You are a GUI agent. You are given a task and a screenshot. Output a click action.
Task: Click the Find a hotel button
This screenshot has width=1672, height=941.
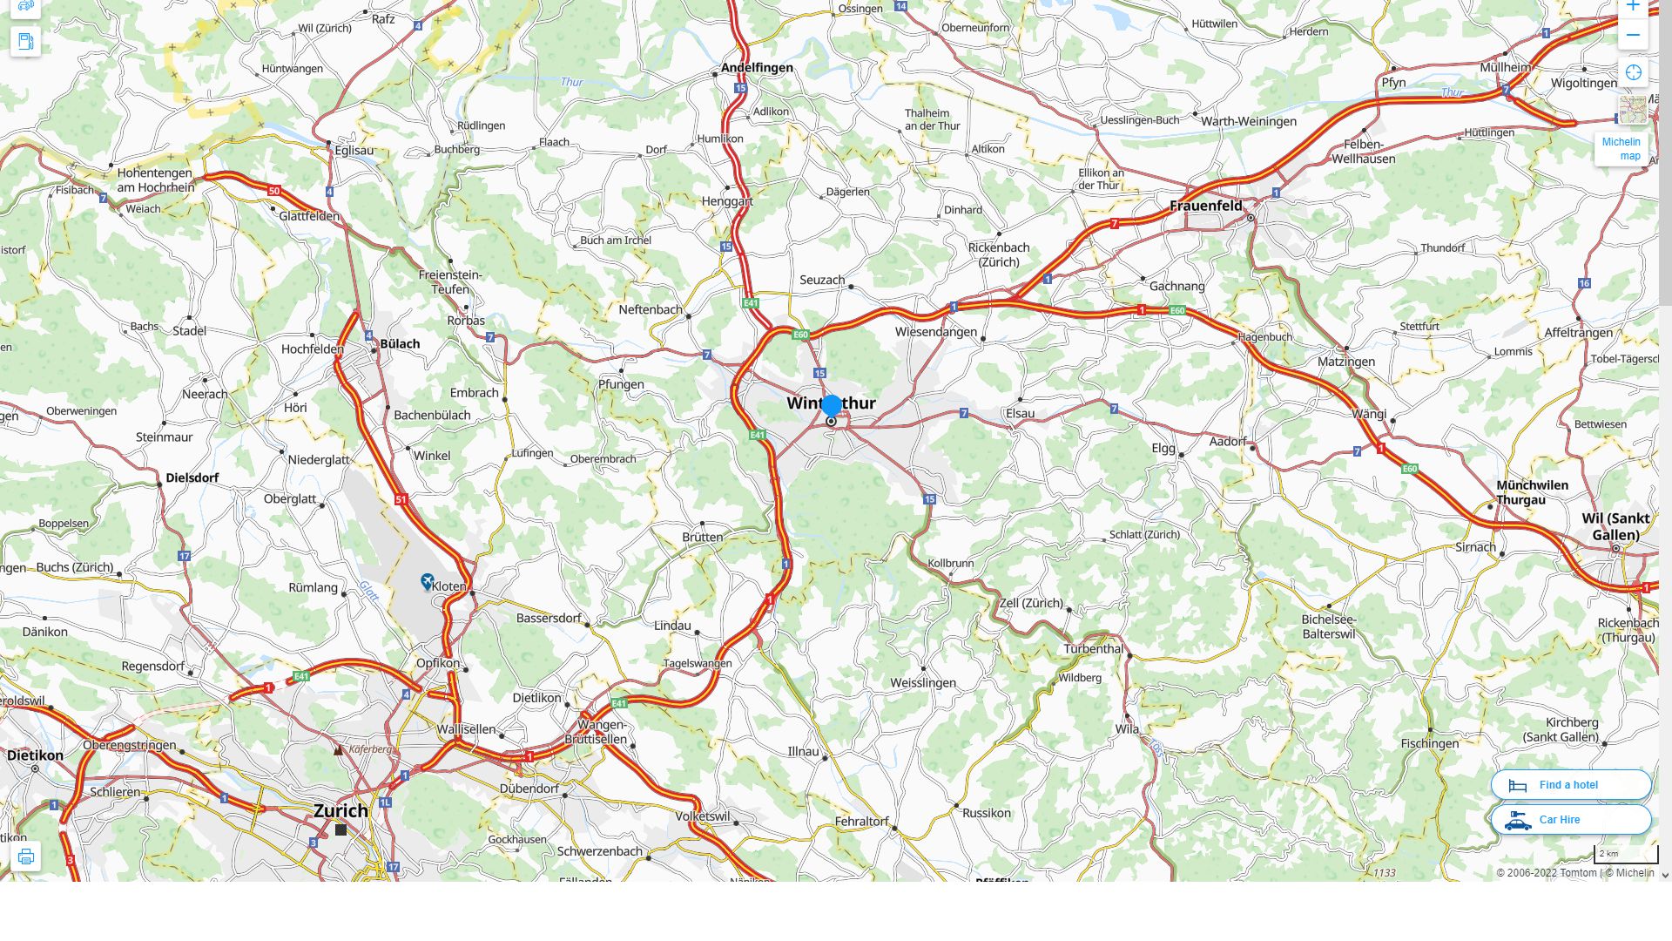[x=1570, y=785]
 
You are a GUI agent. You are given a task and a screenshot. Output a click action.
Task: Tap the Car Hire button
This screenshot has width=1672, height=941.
[x=1570, y=820]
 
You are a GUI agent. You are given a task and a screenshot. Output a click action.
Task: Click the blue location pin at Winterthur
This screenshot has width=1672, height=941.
[x=832, y=406]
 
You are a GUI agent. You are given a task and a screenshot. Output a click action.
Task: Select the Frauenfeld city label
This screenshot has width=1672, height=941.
[x=1205, y=206]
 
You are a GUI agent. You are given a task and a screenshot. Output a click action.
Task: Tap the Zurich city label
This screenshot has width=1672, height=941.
[x=340, y=810]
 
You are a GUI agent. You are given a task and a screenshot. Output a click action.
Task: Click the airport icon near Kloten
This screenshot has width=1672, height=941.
[x=428, y=580]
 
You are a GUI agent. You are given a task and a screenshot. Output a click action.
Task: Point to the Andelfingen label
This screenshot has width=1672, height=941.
[x=757, y=68]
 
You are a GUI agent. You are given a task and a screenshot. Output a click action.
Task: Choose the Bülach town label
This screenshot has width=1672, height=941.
[x=400, y=343]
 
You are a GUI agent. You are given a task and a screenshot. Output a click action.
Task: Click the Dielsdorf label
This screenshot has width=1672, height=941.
[x=192, y=477]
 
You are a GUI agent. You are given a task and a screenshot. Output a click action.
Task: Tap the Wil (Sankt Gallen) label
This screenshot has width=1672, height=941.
[x=1615, y=526]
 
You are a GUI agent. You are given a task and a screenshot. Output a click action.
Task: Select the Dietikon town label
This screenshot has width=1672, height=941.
[x=35, y=755]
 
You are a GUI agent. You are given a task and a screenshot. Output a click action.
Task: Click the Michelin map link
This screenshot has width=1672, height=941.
[x=1621, y=149]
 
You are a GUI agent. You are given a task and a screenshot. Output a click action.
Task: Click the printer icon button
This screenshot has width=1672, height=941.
[x=25, y=856]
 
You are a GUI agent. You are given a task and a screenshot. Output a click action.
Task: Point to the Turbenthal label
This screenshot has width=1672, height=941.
[x=1093, y=649]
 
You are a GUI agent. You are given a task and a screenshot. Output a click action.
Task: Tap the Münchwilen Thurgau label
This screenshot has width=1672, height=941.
[x=1532, y=492]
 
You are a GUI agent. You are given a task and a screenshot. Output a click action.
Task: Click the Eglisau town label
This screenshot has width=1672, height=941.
[x=354, y=150]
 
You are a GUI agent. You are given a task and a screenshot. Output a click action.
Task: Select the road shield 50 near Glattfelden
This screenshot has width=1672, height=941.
[x=274, y=191]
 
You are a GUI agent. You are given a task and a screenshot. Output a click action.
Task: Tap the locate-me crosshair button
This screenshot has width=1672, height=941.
[x=1633, y=73]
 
